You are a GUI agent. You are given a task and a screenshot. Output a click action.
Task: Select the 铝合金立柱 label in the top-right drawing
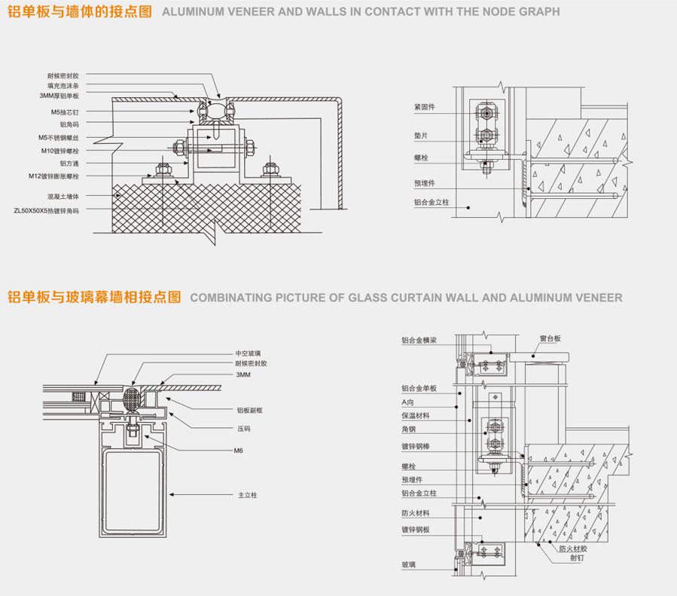point(431,202)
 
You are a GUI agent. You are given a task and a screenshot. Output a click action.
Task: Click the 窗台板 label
point(550,338)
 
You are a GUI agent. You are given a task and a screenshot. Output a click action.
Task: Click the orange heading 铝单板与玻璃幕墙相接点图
point(95,297)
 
